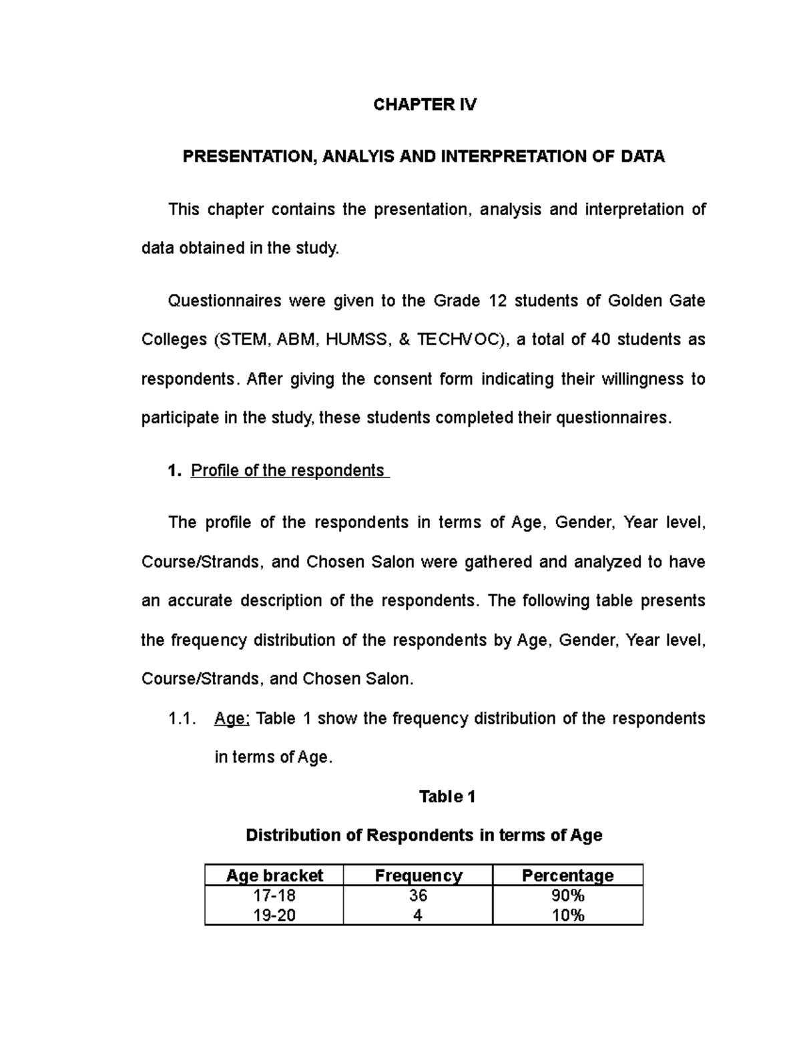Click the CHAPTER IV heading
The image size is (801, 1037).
coord(425,104)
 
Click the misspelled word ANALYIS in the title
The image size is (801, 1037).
coord(356,157)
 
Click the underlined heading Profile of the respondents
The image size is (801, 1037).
coord(287,471)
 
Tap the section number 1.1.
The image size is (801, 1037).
coord(182,719)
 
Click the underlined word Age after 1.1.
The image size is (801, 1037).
coord(230,719)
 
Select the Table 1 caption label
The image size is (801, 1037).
coord(447,797)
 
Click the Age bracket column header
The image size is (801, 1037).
coord(274,875)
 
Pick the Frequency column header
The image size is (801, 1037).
coord(418,875)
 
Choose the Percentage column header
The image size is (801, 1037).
coord(567,875)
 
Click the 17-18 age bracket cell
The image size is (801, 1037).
coord(274,895)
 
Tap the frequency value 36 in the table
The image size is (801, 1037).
coord(418,895)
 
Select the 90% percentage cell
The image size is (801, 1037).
coord(567,895)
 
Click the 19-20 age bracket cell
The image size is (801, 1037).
coord(274,915)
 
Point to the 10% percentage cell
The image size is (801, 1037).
coord(567,915)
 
